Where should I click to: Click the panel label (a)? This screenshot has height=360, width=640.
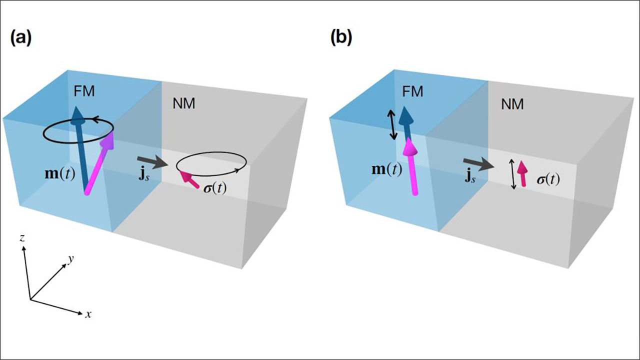point(20,39)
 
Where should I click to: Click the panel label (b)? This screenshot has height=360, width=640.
point(341,39)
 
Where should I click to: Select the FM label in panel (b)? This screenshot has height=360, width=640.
point(412,91)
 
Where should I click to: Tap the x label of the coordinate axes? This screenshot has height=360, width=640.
point(88,315)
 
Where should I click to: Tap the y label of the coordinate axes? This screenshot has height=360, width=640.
point(71,258)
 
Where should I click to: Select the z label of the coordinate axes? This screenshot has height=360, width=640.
point(22,238)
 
